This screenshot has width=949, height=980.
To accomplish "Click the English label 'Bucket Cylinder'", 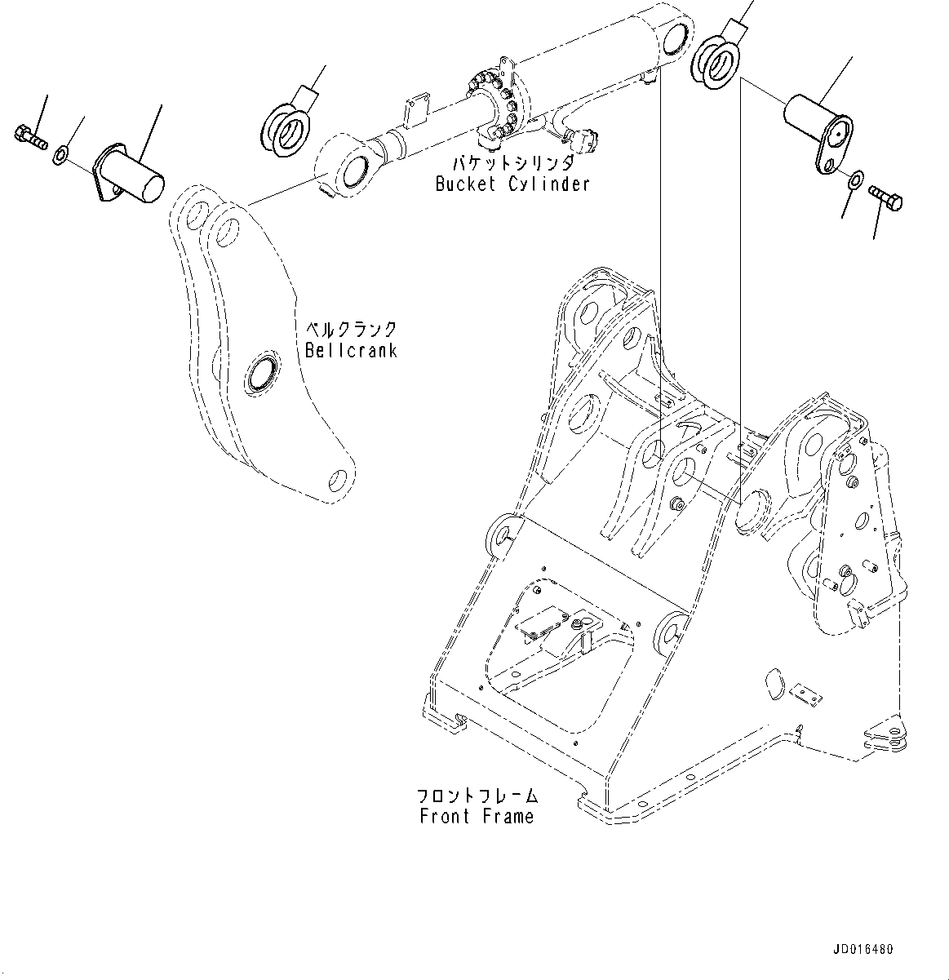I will pyautogui.click(x=512, y=184).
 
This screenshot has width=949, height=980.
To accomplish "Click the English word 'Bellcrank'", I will pyautogui.click(x=351, y=350).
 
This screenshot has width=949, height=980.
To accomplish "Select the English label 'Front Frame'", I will pyautogui.click(x=477, y=815).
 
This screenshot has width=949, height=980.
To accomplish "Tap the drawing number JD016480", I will pyautogui.click(x=863, y=950).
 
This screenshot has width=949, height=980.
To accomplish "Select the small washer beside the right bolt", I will pyautogui.click(x=855, y=180).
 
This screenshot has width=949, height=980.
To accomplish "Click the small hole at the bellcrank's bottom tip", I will pyautogui.click(x=337, y=477).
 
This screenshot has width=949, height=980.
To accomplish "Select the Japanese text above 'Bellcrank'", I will pyautogui.click(x=351, y=330).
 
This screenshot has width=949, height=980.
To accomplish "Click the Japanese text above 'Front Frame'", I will pyautogui.click(x=477, y=794).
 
